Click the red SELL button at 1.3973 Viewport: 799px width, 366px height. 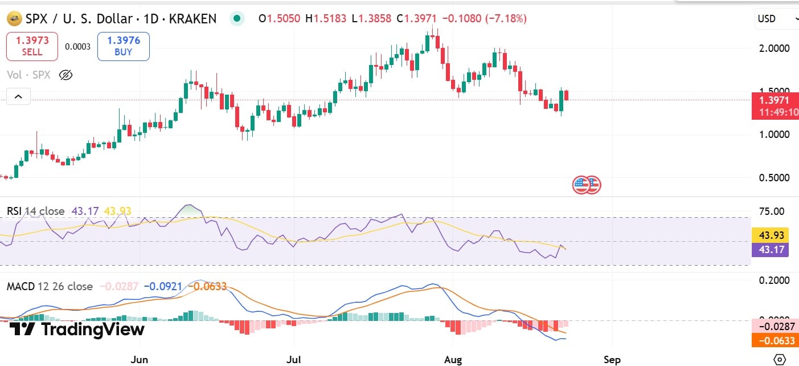tap(32, 46)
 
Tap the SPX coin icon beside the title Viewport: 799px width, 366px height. tap(14, 19)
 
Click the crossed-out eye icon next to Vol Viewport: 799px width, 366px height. tap(66, 75)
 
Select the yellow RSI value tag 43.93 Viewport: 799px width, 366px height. tap(769, 235)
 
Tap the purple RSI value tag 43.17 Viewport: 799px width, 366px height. tap(769, 250)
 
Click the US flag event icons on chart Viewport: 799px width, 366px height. tap(587, 184)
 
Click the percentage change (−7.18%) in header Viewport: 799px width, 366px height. tap(506, 19)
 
